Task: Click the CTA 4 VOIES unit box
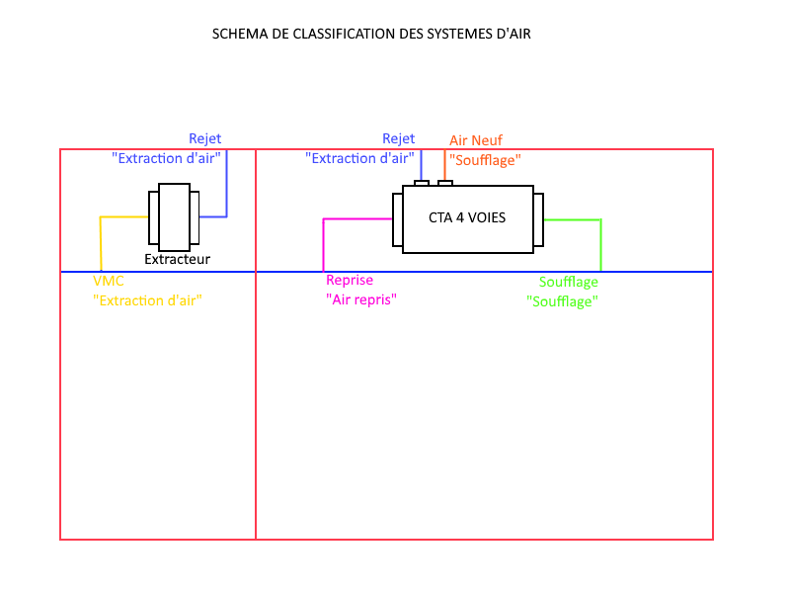click(467, 218)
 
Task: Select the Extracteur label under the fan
click(178, 260)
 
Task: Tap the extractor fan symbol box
click(174, 216)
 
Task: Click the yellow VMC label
click(109, 282)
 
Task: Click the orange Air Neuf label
click(476, 140)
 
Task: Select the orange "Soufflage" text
click(485, 159)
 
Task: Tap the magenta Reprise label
click(350, 281)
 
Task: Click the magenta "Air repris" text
click(361, 299)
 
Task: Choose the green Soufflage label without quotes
click(569, 283)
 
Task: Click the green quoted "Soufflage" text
click(563, 301)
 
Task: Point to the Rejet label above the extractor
click(205, 138)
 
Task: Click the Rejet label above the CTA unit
click(399, 138)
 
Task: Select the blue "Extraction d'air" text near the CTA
click(359, 158)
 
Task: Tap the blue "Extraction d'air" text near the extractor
click(166, 158)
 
